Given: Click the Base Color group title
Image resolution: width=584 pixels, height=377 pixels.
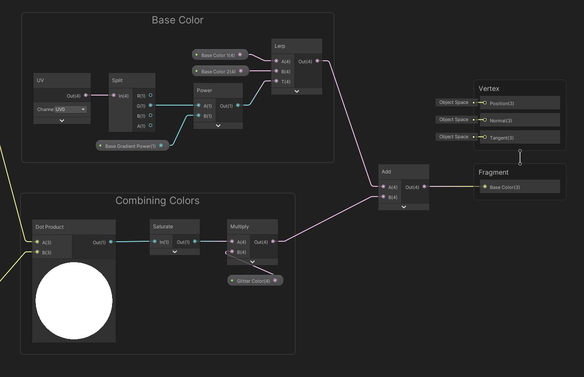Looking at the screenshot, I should [x=178, y=20].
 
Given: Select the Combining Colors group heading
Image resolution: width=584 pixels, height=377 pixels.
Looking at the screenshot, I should [x=157, y=201].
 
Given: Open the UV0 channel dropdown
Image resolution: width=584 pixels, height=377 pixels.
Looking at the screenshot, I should [x=70, y=109].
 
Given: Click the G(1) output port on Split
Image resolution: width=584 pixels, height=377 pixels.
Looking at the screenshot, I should [x=150, y=106].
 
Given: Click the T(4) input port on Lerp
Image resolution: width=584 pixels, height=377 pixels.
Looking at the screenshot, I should [x=276, y=81].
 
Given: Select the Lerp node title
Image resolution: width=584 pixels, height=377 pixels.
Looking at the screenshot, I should [x=280, y=46].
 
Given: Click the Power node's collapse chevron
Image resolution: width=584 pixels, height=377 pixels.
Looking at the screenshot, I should [x=218, y=126].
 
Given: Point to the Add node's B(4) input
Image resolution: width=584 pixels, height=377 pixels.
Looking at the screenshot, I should [x=383, y=197].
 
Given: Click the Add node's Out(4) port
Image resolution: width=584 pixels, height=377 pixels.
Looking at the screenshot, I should [x=424, y=187].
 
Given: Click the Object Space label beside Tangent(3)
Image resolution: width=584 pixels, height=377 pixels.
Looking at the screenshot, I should [x=454, y=137].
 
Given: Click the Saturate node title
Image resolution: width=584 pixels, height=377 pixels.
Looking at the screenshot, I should [x=163, y=227].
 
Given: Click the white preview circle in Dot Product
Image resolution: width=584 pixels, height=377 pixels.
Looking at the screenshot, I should [x=74, y=300].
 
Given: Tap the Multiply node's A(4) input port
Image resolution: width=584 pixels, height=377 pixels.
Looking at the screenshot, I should [x=232, y=242].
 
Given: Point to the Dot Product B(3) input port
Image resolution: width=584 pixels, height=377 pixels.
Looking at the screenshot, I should [x=37, y=252].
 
